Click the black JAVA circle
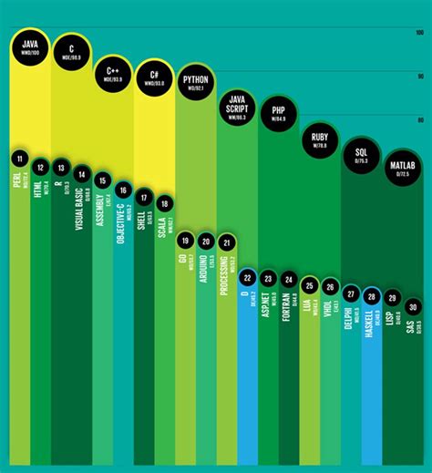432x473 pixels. point(30,47)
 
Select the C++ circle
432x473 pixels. point(114,73)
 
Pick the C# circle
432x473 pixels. point(155,78)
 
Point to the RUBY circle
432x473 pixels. point(320,140)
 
